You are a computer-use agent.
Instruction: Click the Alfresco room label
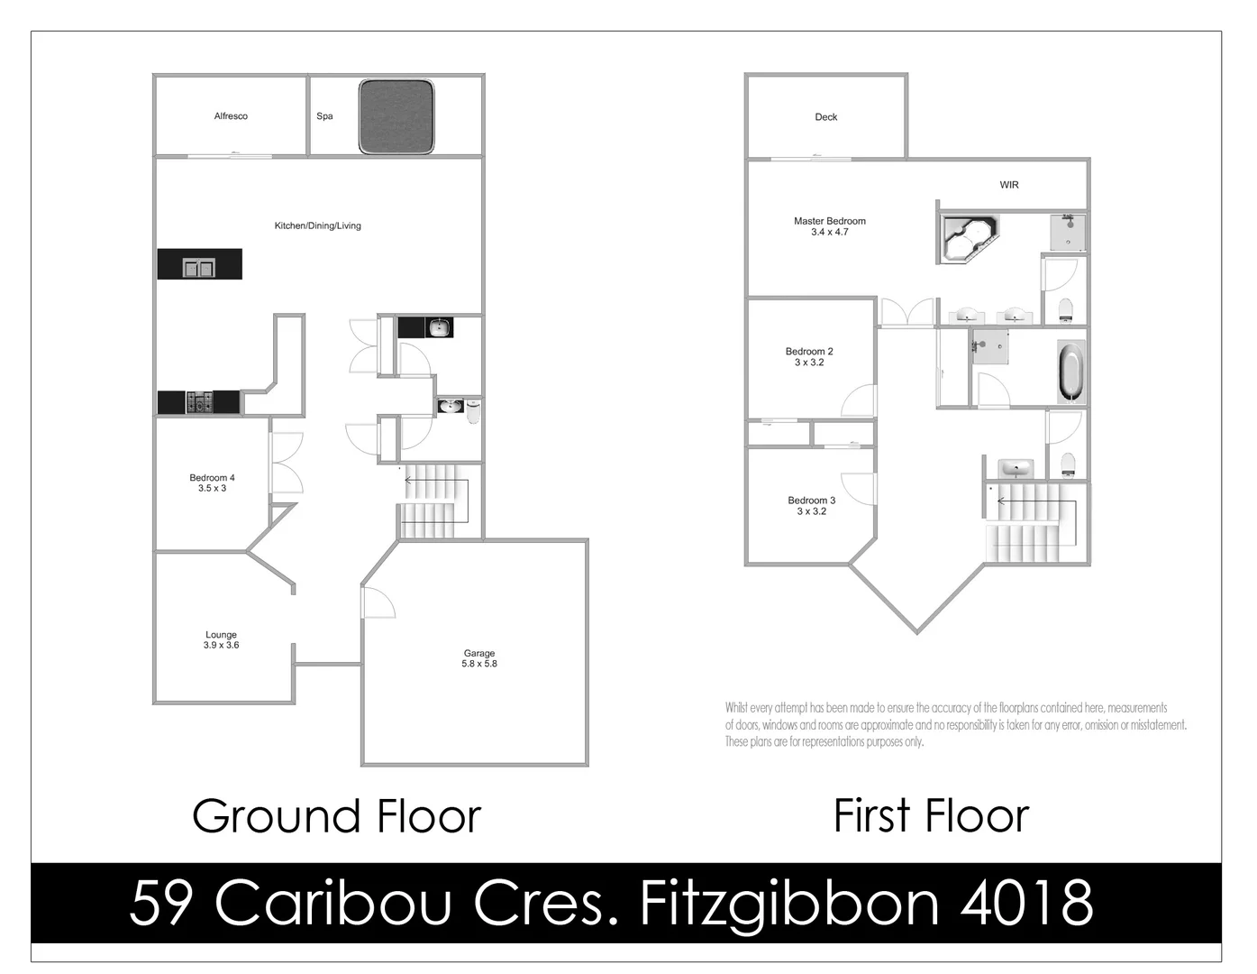(231, 116)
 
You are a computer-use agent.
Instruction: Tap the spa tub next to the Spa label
(397, 116)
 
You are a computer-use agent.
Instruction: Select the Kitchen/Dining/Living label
(317, 225)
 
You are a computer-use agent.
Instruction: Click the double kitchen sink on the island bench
(198, 267)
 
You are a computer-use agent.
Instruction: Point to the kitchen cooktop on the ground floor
(199, 402)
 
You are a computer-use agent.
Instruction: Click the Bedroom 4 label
(213, 482)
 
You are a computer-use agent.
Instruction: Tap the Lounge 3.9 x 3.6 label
(221, 639)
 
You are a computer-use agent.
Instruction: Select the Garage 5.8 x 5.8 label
(479, 658)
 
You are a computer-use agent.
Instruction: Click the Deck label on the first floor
(825, 117)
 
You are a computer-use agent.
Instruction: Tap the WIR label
(1009, 185)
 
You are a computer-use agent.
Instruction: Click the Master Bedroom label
(829, 226)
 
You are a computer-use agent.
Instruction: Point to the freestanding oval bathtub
(1070, 372)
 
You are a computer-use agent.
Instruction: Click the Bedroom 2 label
(809, 356)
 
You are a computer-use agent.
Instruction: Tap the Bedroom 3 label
(811, 505)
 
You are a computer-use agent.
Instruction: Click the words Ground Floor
(336, 816)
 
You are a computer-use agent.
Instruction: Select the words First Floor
(931, 816)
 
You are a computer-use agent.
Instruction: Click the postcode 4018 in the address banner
(1026, 903)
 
